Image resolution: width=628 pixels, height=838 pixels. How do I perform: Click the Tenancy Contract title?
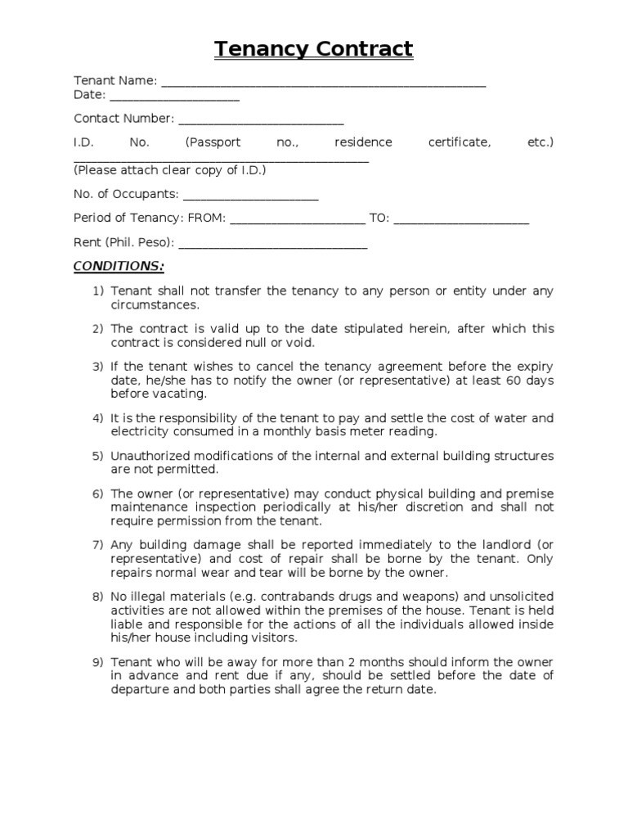(314, 49)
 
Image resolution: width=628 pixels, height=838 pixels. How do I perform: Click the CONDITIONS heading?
(119, 267)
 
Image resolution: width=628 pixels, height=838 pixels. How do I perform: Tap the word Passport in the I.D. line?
(213, 142)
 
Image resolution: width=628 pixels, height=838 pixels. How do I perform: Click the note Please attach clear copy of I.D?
(169, 170)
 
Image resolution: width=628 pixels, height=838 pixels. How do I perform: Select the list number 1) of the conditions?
(98, 291)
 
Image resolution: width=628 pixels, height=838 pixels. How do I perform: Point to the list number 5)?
(98, 456)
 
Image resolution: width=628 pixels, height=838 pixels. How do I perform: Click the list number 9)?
(98, 662)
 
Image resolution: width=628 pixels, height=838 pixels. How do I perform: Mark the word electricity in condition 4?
(141, 431)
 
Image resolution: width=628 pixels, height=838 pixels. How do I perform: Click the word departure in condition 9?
(140, 689)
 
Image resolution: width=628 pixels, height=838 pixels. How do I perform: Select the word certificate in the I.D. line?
(460, 142)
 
